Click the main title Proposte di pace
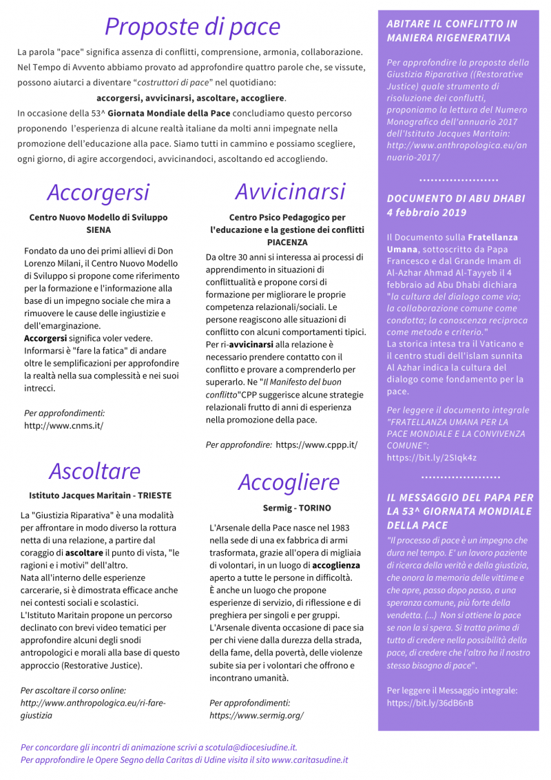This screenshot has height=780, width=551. pyautogui.click(x=192, y=26)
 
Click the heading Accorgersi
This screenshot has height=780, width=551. pyautogui.click(x=98, y=192)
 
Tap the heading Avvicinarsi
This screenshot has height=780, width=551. pyautogui.click(x=290, y=191)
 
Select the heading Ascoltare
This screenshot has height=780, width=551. pyautogui.click(x=94, y=471)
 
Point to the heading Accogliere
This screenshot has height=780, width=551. pyautogui.click(x=289, y=482)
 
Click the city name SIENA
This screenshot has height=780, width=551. pyautogui.click(x=98, y=229)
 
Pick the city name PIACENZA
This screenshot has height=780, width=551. pyautogui.click(x=287, y=243)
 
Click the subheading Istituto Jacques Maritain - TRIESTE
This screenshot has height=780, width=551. pyautogui.click(x=100, y=495)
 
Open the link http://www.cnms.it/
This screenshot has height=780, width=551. pyautogui.click(x=63, y=425)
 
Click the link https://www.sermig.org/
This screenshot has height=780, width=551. pyautogui.click(x=256, y=715)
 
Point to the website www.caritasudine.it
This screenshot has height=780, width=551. pyautogui.click(x=309, y=760)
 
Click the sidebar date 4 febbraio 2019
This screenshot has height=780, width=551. pyautogui.click(x=426, y=212)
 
